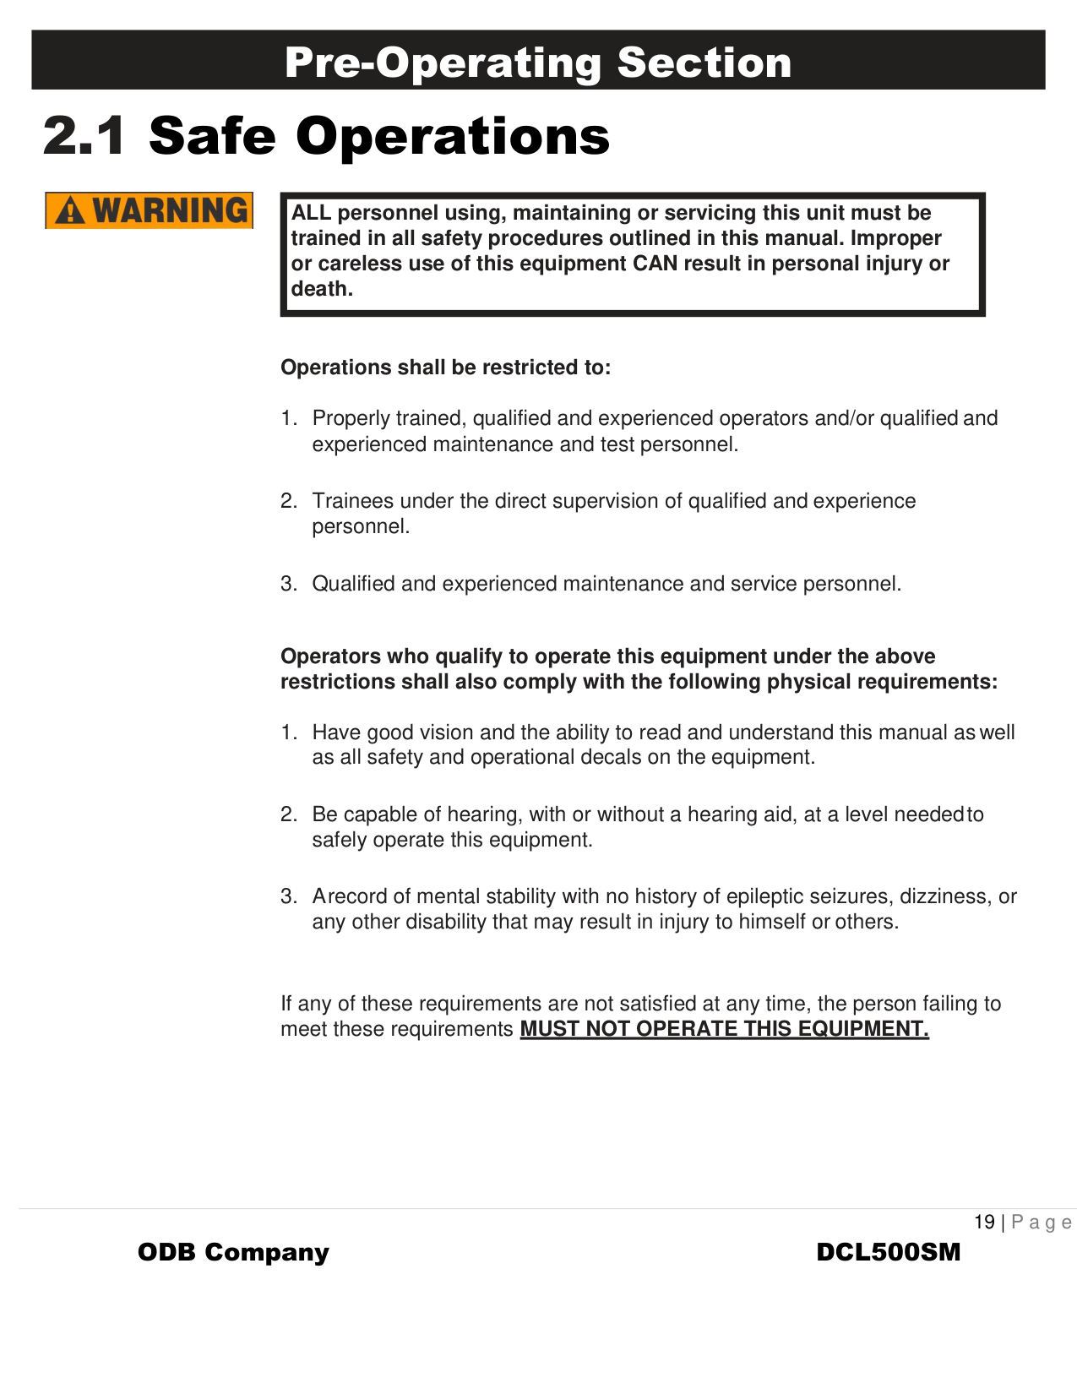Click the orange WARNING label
(x=150, y=210)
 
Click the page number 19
(x=984, y=1222)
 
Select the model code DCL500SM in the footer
(x=889, y=1252)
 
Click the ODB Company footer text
(x=233, y=1252)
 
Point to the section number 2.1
(x=84, y=136)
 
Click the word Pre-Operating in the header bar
(x=442, y=63)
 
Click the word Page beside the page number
(x=1042, y=1222)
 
